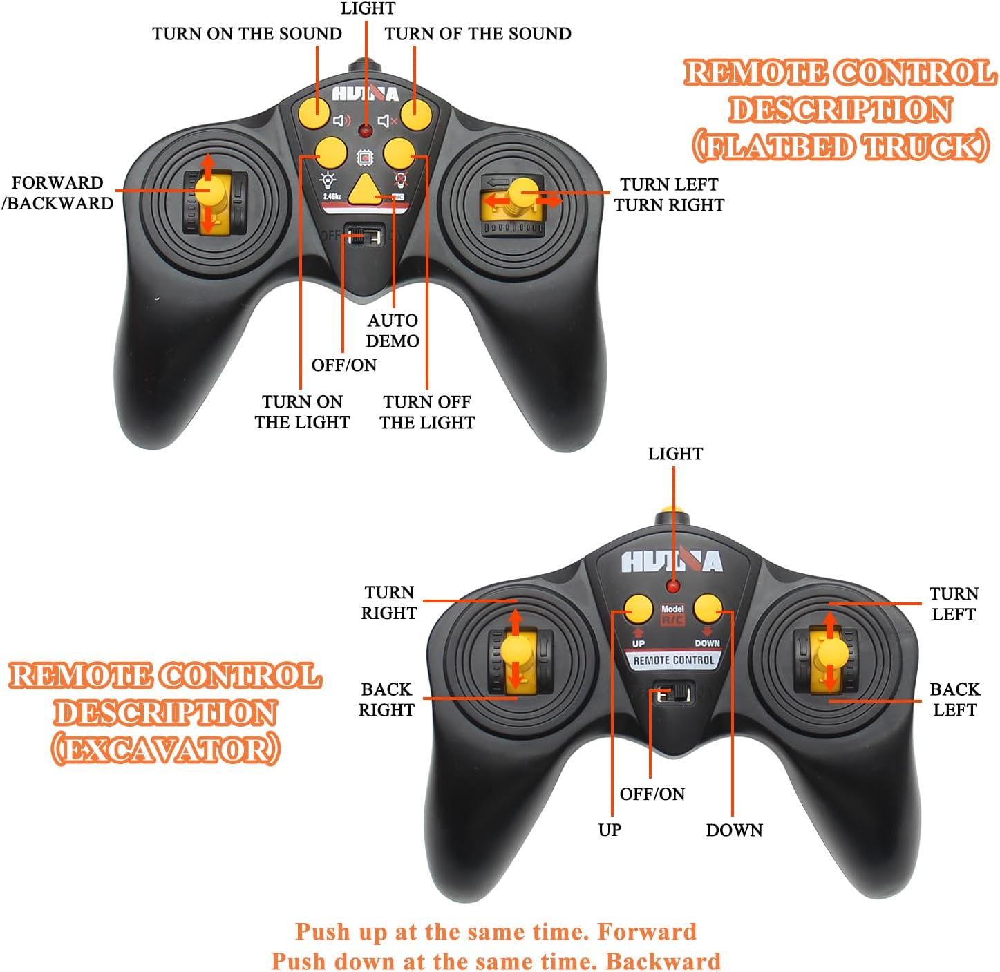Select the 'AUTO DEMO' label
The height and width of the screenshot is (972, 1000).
click(393, 331)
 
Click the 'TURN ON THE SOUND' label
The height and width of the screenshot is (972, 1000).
click(247, 34)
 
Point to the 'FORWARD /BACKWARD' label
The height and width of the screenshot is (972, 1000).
click(58, 193)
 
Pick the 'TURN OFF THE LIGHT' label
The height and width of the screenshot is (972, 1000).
click(427, 412)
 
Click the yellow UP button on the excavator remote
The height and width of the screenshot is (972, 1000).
click(638, 609)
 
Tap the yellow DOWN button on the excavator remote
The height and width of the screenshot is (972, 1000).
click(707, 609)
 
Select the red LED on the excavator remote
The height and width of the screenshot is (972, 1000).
click(673, 587)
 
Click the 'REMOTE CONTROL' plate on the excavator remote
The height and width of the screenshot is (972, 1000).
click(674, 660)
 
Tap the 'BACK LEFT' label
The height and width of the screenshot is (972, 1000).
click(954, 700)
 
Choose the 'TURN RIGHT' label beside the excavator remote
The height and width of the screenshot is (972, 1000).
click(389, 603)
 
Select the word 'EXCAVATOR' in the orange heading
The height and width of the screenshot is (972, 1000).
click(166, 750)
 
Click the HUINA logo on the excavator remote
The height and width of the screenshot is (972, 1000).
click(672, 561)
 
